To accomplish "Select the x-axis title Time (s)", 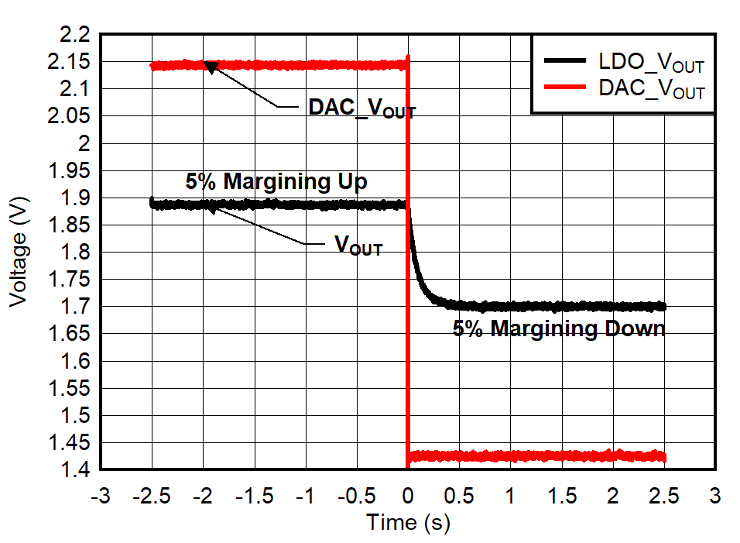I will point(408,522).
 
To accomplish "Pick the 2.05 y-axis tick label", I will point(69,116).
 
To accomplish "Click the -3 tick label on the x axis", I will point(101,494).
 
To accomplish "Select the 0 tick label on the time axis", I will point(408,494).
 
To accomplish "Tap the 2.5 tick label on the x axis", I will point(664,494).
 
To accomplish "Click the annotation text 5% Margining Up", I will point(276,182).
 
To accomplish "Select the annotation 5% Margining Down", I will point(559,329).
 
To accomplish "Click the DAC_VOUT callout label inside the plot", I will point(361,108).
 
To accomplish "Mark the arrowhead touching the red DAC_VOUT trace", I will point(211,68).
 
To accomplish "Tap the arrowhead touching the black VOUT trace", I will point(211,209).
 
